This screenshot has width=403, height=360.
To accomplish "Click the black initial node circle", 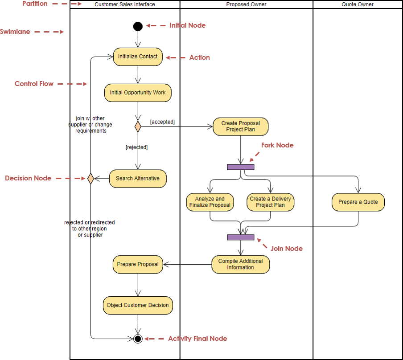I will pos(138,26).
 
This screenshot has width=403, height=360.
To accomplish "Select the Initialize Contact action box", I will pos(138,57).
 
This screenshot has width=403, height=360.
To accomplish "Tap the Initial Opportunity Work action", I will pos(138,93).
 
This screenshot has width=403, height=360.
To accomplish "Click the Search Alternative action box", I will pos(137,179).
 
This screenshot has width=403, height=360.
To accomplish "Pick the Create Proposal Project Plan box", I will pos(241,127).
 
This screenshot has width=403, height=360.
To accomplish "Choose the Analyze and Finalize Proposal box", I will pos(210,202).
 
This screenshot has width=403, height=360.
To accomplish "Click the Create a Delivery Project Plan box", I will pos(271,202).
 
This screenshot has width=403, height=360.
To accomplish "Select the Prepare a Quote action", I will pos(358,202).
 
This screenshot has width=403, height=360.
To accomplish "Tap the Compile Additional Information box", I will pos(241,264).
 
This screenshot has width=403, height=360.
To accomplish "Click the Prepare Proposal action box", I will pos(138,264).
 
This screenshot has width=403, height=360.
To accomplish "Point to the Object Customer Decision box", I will pos(138,305).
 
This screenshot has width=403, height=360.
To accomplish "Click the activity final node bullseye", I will pos(138,339).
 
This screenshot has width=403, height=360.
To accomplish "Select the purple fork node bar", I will pos(241,167).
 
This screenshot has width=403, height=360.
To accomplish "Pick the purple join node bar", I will pos(241,237).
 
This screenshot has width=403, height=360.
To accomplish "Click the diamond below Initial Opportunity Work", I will pos(138,127).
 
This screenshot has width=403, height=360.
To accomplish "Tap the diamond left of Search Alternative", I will pos(90,179).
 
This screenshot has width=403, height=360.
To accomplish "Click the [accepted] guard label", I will pos(162,122).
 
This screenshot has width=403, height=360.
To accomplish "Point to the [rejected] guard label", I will pos(136,147).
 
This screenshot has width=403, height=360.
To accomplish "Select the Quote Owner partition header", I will pos(358,4).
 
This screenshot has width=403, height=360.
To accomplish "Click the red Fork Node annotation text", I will pos(277,145).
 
